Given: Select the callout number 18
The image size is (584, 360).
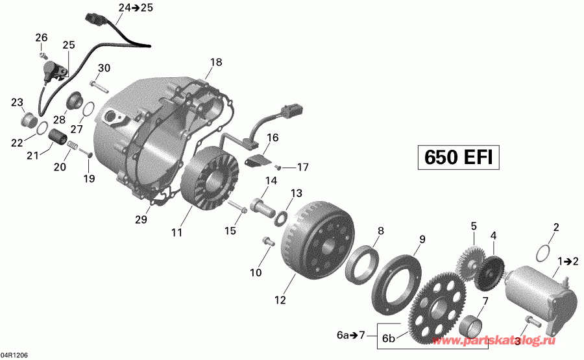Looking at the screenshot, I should click(216, 62).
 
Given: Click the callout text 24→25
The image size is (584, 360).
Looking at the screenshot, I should click(127, 8).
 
